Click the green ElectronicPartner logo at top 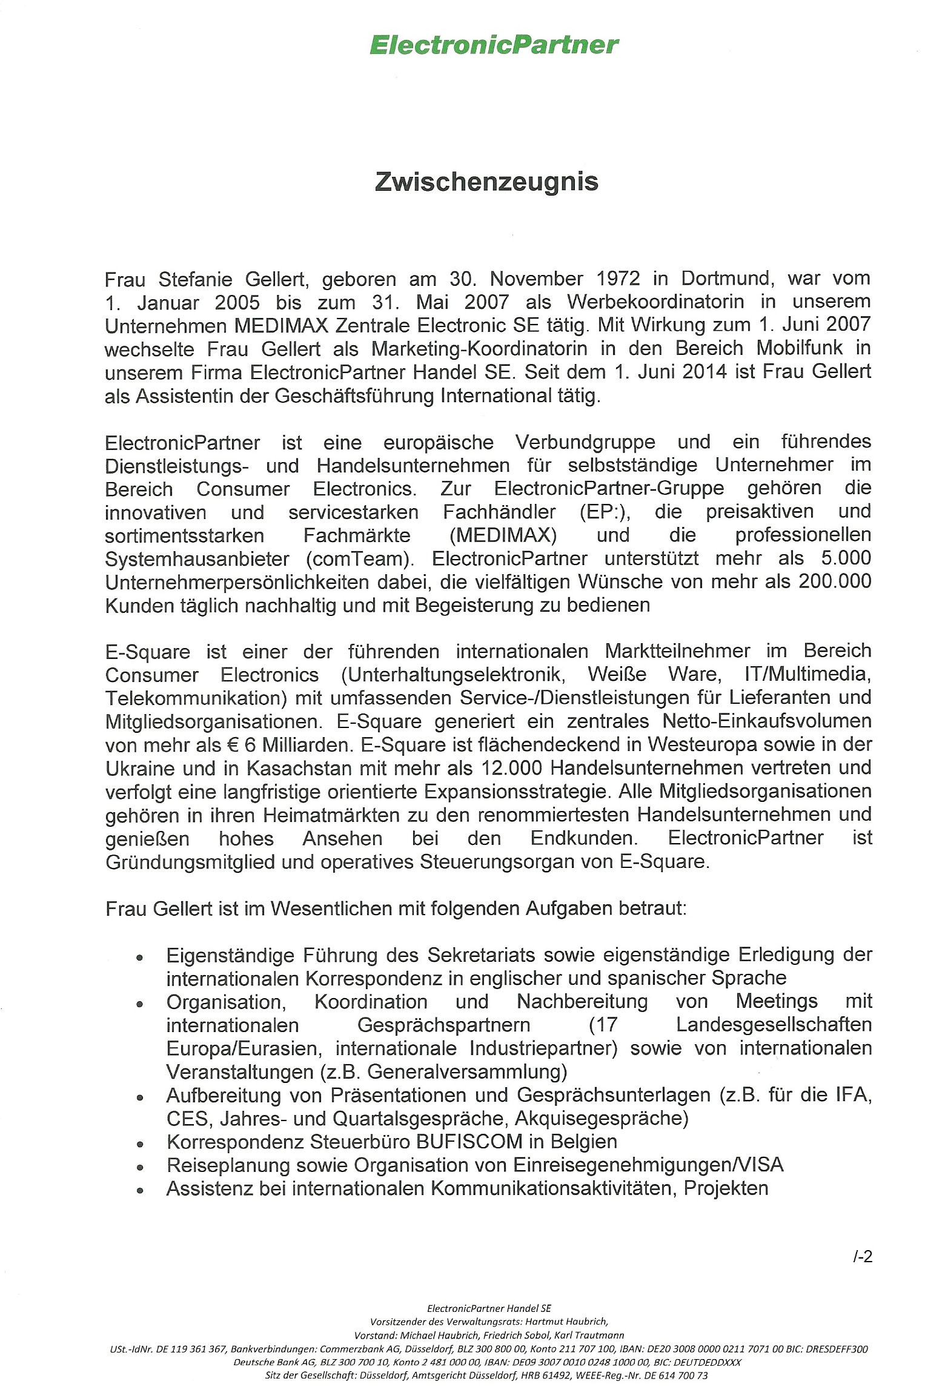[x=494, y=45]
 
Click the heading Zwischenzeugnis [x=486, y=182]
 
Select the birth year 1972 [x=616, y=279]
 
